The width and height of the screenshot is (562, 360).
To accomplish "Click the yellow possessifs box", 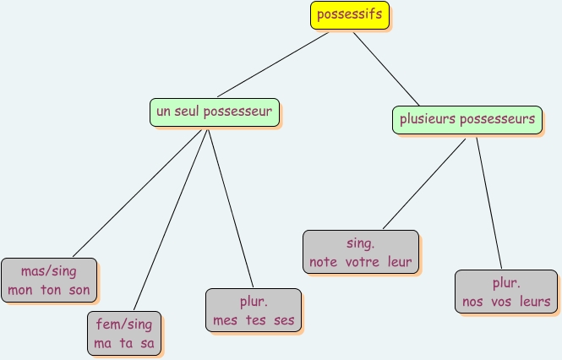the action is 349,14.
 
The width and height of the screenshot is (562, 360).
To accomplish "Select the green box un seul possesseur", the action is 215,111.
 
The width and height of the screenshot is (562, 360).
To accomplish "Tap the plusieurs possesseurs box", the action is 467,119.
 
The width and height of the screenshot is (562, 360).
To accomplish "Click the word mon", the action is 20,291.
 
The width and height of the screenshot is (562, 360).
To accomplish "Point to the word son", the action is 79,291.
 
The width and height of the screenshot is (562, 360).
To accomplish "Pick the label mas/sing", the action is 49,272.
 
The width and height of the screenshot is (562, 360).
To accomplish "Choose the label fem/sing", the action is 124,325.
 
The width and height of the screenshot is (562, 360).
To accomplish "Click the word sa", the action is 147,344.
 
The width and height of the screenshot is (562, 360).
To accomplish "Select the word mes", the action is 226,320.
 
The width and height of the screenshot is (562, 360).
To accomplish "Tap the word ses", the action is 284,320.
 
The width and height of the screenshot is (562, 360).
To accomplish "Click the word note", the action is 323,262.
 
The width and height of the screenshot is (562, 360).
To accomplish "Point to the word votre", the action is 363,262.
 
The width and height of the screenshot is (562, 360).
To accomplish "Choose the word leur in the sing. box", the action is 400,262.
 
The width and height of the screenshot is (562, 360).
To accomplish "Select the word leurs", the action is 534,302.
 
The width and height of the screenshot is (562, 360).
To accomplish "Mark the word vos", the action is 501,302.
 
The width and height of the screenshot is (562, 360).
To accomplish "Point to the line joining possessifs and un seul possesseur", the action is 273,64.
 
